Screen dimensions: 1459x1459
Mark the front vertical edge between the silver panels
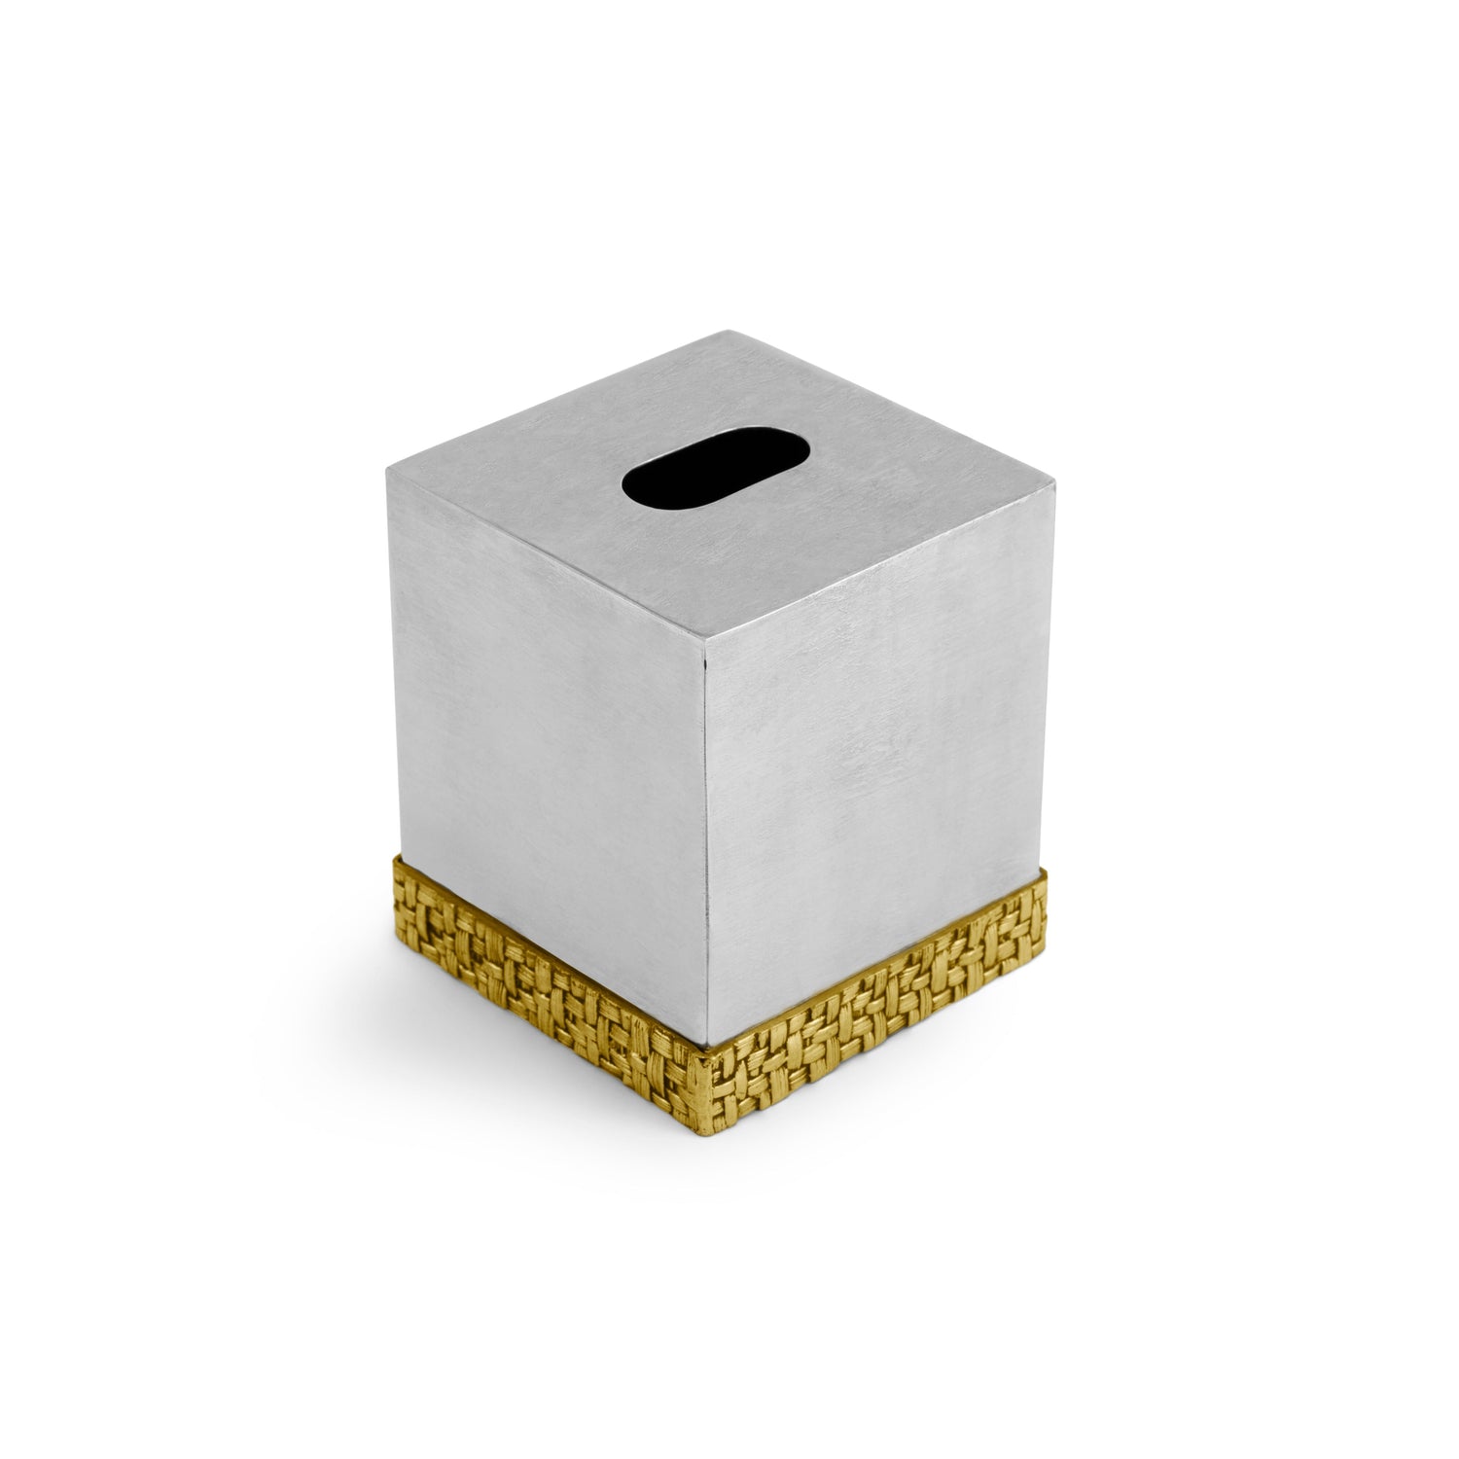[720, 827]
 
